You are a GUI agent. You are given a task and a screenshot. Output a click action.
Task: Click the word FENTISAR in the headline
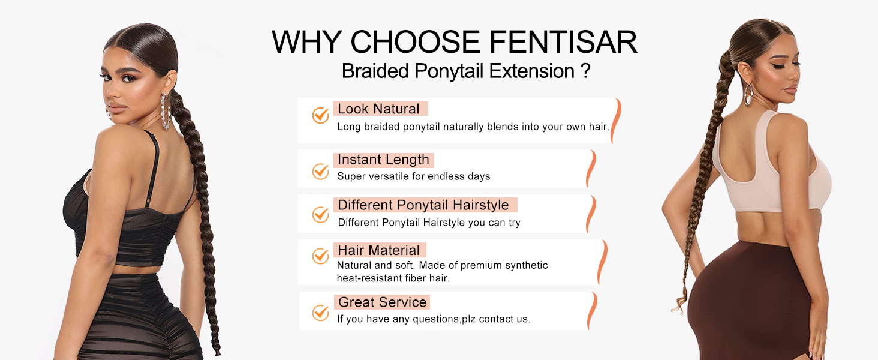[563, 42]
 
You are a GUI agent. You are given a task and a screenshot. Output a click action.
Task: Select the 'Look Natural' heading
[378, 109]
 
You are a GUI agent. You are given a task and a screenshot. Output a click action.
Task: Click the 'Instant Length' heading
[383, 160]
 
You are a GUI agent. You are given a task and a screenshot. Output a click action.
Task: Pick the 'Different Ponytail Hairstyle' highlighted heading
[423, 205]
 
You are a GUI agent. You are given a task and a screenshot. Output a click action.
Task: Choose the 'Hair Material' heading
[378, 250]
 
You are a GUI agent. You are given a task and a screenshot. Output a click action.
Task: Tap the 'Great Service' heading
[382, 302]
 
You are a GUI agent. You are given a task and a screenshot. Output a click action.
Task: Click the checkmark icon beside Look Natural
[320, 115]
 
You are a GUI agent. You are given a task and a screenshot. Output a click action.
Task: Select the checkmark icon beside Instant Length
[320, 171]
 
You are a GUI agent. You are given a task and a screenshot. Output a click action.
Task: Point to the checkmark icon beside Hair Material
[320, 256]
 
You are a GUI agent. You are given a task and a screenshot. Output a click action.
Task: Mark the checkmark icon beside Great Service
[320, 313]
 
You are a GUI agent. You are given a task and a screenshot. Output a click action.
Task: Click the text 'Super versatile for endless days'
[413, 176]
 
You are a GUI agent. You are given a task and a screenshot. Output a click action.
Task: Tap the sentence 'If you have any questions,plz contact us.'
[433, 319]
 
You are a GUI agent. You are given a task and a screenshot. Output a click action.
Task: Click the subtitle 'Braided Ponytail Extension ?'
[466, 71]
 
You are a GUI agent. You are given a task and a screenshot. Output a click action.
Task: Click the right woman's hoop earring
[748, 95]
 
